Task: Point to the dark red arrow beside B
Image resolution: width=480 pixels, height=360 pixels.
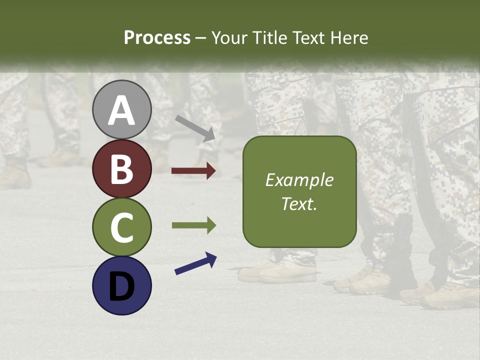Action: coord(193,171)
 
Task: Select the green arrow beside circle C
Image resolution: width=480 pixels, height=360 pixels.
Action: coord(193,225)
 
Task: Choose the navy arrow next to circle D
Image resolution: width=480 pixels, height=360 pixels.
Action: coord(195,264)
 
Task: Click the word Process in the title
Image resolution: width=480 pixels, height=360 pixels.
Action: coord(157,37)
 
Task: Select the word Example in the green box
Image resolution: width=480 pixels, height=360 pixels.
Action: coord(299,180)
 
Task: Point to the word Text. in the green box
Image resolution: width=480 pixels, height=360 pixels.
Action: coord(299,203)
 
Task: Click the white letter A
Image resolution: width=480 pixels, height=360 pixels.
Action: coord(122,111)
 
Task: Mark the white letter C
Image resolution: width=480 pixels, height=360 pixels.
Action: coord(122,227)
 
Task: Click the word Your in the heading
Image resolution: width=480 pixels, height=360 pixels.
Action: coord(229,37)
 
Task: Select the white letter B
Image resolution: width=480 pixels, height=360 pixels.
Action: coord(122,169)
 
